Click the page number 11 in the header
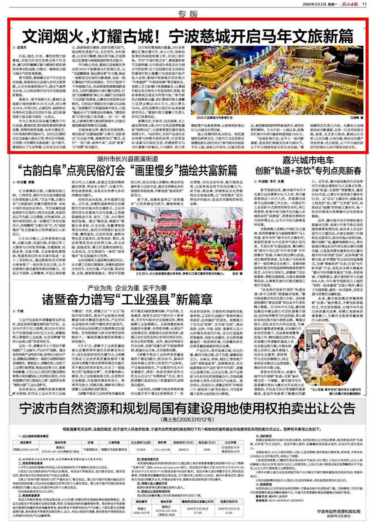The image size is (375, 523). pos(364,4)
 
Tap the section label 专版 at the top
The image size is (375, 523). pos(187,13)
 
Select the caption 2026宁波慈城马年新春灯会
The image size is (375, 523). pos(215,117)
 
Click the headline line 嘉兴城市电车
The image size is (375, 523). pos(308,160)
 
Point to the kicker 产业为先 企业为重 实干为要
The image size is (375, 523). pos(127,287)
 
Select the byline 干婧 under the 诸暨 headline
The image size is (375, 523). pos(20,311)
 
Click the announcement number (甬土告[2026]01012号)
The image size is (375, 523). pos(187,419)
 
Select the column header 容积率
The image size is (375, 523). pos(162,442)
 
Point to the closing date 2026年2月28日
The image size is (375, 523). pos(339,516)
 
